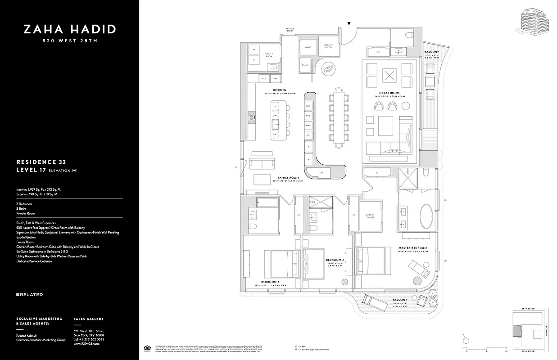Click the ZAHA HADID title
coord(70,30)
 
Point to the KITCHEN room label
coord(279,90)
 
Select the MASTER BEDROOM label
coord(412,248)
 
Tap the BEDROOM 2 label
coord(335,260)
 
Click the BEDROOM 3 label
coord(270,282)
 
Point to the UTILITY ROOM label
coord(269,54)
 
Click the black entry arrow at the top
coord(349,24)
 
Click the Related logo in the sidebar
coord(29,295)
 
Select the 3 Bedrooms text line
coord(24,204)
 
